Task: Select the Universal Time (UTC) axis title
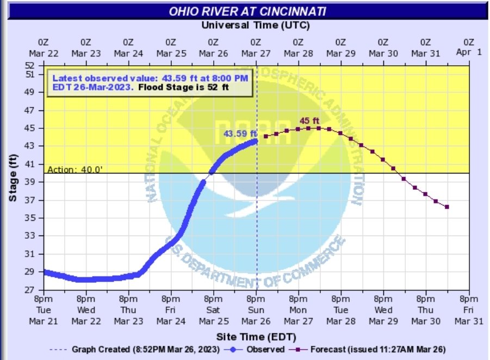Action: [256, 24]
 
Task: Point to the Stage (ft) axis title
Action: [13, 178]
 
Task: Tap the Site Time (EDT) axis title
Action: [255, 336]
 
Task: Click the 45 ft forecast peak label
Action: [308, 121]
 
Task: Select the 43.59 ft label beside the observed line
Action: [240, 134]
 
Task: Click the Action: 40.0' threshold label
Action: [75, 169]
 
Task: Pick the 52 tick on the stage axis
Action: [30, 65]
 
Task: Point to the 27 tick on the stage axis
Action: [30, 290]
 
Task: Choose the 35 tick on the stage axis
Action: [30, 218]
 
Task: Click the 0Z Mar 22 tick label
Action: [44, 47]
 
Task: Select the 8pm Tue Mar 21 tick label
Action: [44, 310]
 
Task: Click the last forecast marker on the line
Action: [446, 207]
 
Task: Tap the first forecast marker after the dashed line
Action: [266, 136]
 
